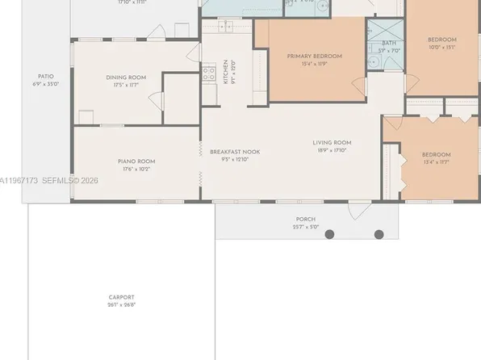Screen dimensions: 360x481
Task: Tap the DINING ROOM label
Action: (125, 77)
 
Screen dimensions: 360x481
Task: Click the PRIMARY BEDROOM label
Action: (314, 56)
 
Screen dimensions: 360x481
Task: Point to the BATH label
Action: (389, 43)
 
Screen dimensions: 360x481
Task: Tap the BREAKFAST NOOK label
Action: (234, 152)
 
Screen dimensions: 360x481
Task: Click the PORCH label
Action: (305, 220)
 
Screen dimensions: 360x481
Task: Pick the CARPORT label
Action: (122, 297)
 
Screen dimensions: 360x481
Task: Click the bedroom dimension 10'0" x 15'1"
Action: (441, 47)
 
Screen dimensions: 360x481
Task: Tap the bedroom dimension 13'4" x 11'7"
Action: (437, 162)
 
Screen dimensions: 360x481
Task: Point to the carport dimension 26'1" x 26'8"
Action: (122, 305)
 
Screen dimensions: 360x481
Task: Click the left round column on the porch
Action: (328, 235)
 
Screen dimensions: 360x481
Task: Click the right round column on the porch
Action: (379, 235)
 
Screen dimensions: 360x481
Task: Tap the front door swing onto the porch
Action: (356, 211)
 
